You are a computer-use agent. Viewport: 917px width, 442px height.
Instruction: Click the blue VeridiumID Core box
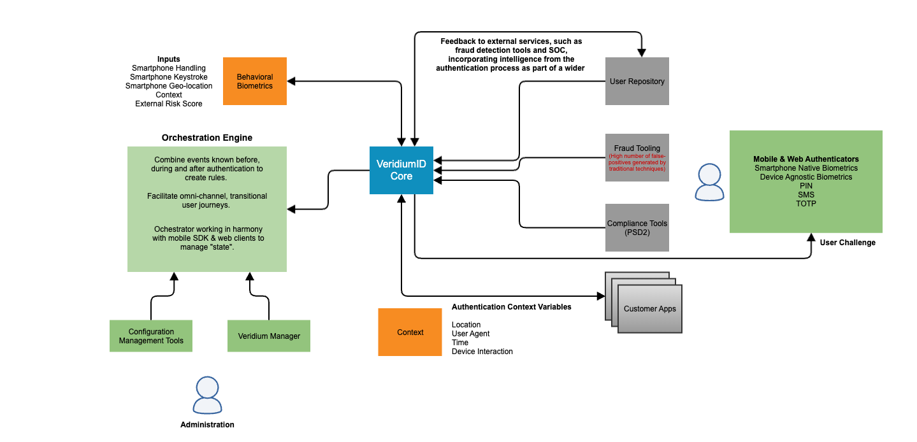401,170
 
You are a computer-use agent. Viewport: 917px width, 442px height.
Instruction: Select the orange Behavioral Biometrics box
255,81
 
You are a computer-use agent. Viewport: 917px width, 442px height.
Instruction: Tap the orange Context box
410,332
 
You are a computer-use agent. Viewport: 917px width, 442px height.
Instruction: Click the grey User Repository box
637,81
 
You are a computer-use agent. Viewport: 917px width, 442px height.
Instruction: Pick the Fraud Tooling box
637,157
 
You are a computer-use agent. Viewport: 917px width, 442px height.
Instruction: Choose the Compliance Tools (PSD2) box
637,227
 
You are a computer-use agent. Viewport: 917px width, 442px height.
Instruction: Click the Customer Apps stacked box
649,309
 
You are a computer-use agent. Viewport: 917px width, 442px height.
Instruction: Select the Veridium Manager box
269,336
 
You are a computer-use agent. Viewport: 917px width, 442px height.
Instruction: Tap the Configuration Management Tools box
151,336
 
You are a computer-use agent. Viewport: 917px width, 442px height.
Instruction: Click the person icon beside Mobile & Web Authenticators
709,182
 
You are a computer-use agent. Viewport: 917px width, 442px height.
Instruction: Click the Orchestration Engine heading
207,138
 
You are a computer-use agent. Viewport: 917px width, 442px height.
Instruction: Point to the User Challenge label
848,243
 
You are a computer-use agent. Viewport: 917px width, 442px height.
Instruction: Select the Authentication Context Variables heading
511,307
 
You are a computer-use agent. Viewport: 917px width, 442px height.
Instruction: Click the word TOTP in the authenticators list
806,204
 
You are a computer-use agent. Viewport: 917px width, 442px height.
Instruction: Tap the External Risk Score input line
169,104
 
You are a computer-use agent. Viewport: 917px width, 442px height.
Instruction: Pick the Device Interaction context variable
482,352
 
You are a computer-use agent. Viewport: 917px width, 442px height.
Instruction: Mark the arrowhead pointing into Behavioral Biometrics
291,81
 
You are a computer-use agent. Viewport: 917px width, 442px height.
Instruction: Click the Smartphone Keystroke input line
169,77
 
